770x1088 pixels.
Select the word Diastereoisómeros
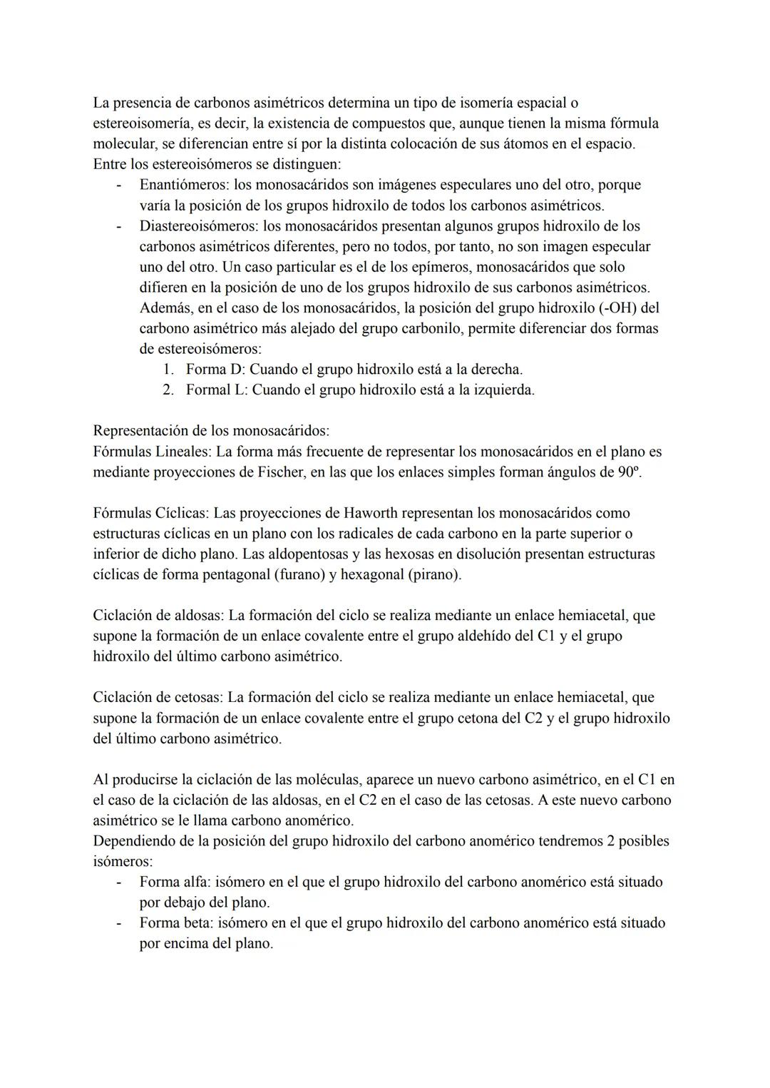[198, 226]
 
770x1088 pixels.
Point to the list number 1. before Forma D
[168, 370]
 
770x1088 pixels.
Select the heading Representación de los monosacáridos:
[211, 431]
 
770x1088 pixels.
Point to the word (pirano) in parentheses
[433, 574]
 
